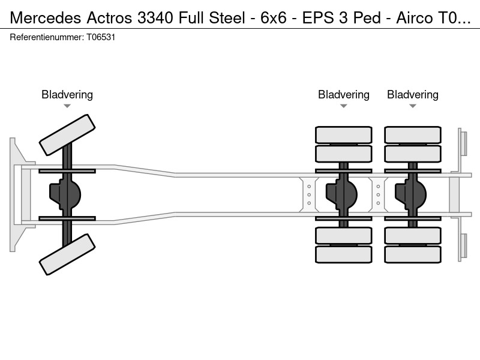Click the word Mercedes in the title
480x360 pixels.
click(x=46, y=18)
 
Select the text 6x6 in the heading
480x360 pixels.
click(x=274, y=18)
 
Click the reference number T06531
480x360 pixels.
click(x=101, y=37)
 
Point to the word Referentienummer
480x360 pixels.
click(x=46, y=37)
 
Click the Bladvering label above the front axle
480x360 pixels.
click(x=67, y=95)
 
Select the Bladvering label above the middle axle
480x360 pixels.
click(x=343, y=95)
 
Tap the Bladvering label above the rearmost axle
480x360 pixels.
click(x=413, y=95)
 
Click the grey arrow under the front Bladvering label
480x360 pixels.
click(x=67, y=106)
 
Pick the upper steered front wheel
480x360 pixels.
click(x=67, y=135)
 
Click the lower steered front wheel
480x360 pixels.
click(x=67, y=254)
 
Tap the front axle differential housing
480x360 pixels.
click(x=65, y=194)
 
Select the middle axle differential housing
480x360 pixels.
click(x=341, y=194)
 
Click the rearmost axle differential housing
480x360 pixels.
click(x=410, y=194)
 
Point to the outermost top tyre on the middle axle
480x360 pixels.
click(x=343, y=134)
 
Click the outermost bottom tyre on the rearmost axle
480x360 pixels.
click(x=413, y=254)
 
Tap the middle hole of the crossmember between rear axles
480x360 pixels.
click(x=378, y=194)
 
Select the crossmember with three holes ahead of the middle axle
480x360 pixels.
click(x=309, y=194)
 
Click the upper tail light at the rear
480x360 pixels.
click(x=463, y=144)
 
